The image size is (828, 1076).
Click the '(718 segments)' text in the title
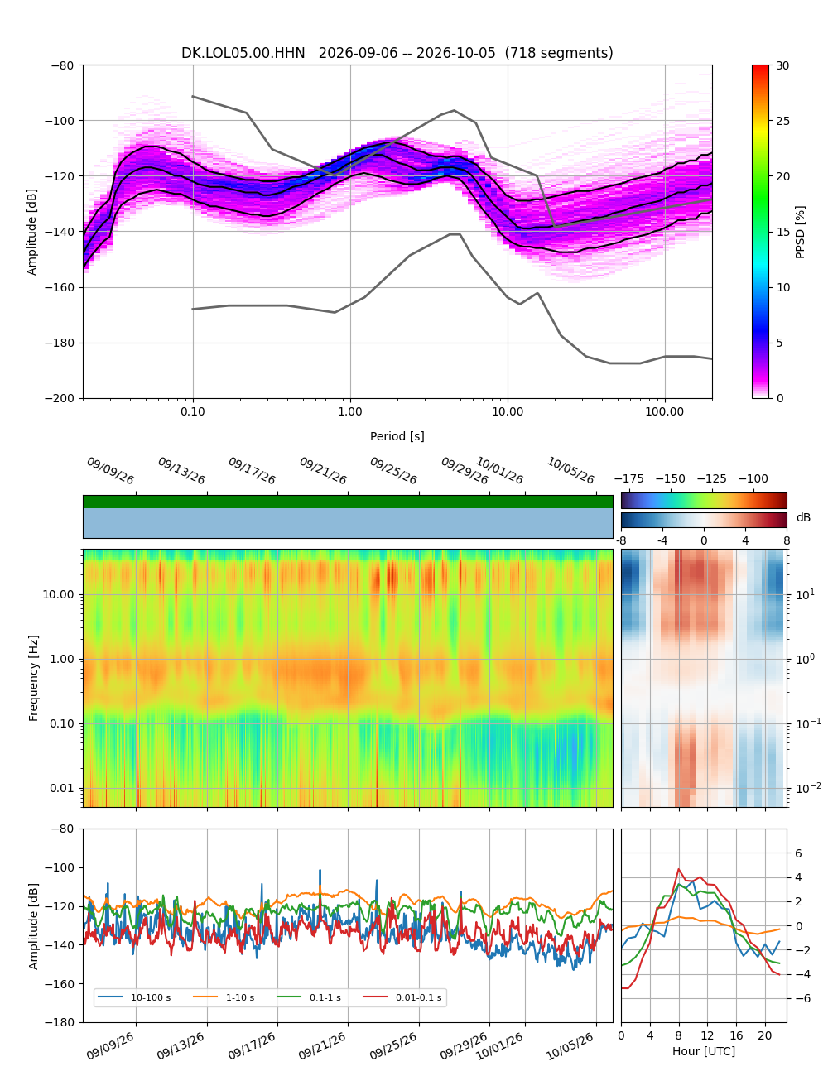[x=559, y=53]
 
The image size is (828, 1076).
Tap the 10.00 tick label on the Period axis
[x=507, y=411]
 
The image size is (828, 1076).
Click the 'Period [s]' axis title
[x=397, y=436]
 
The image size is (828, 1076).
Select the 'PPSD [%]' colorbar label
[x=799, y=232]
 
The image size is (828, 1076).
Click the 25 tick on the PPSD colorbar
[x=782, y=121]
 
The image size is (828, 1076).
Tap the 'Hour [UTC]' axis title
[x=703, y=1051]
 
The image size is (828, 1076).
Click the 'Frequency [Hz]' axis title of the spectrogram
[x=33, y=678]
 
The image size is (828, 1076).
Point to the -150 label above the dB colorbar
[x=670, y=479]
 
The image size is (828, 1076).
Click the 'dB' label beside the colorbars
[x=803, y=518]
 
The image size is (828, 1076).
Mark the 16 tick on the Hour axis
[x=736, y=1035]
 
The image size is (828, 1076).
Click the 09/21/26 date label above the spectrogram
[x=323, y=470]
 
